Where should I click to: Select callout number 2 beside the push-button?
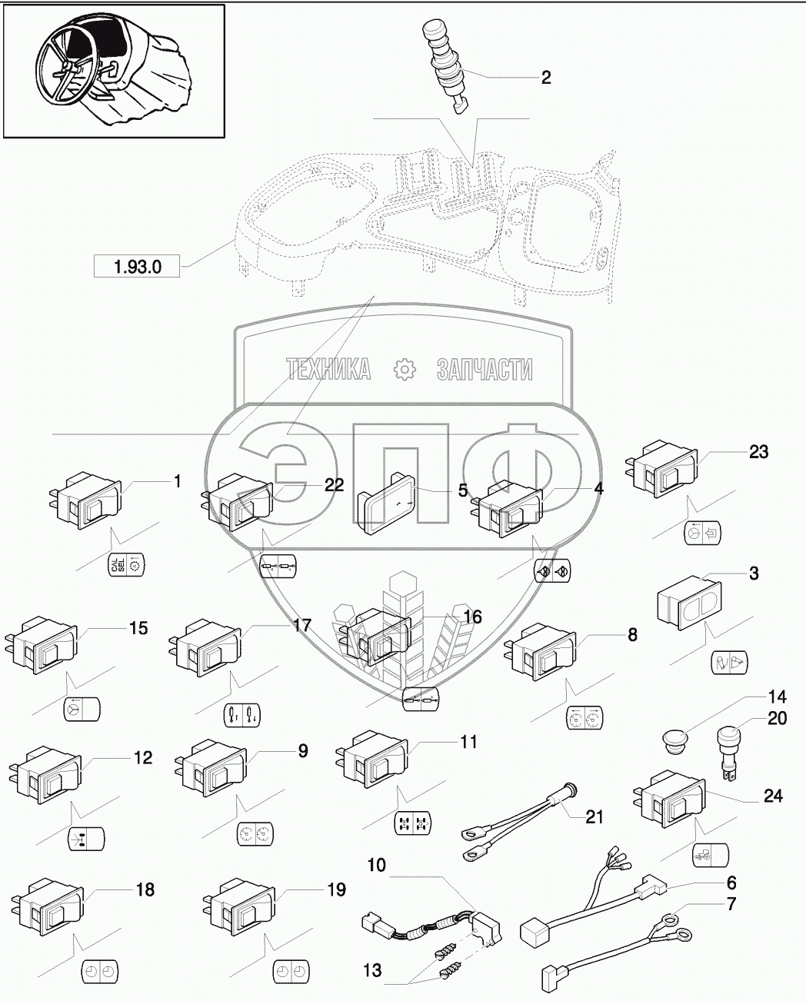[546, 78]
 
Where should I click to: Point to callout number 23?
[758, 452]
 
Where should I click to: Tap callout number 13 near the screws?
[372, 971]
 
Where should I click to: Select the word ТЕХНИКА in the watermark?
[329, 370]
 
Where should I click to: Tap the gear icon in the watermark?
[404, 370]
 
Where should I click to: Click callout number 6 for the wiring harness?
[731, 883]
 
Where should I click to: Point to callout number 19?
[336, 890]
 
